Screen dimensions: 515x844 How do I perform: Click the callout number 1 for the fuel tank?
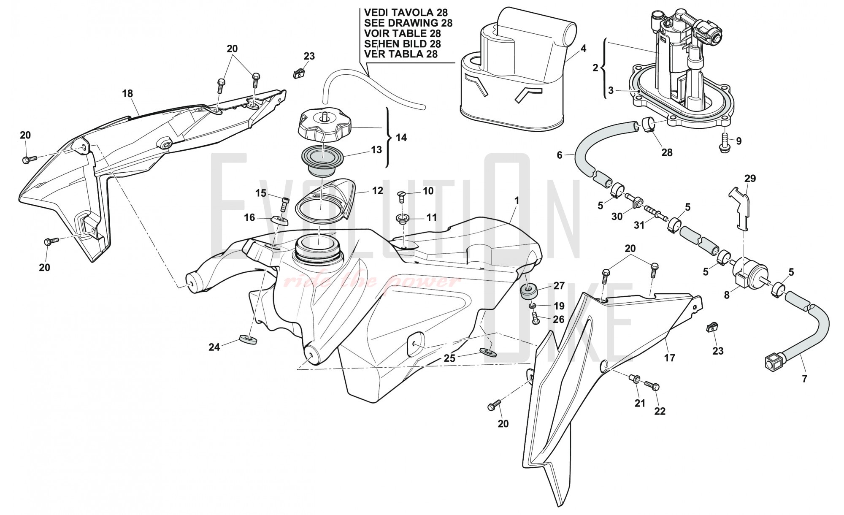tap(516, 201)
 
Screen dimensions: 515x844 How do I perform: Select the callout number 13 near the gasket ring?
tap(376, 150)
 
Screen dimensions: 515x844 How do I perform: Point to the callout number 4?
tap(583, 49)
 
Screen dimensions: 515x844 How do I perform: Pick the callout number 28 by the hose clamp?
tap(667, 152)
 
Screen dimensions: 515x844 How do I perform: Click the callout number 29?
tap(750, 179)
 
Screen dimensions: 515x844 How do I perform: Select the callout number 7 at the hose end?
tap(804, 379)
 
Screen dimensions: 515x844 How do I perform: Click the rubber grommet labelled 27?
tap(530, 291)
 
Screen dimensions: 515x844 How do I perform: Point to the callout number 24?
tap(214, 347)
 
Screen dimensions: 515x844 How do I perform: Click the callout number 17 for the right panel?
tap(670, 358)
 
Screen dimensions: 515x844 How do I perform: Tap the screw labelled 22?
tap(652, 385)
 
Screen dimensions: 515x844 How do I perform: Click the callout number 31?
tap(639, 225)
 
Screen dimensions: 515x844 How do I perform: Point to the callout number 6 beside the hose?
tap(560, 155)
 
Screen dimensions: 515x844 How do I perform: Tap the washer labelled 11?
tap(403, 219)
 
